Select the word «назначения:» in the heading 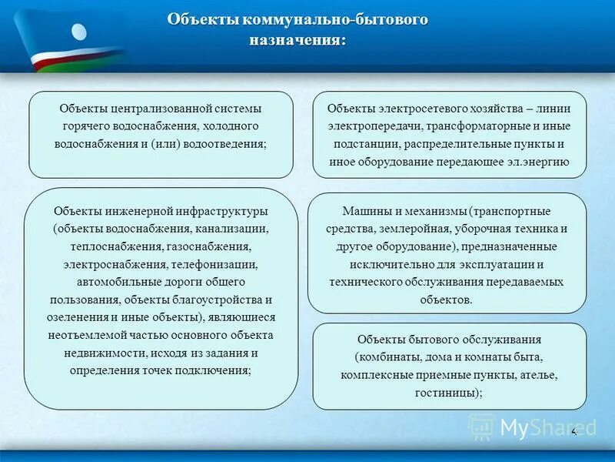click(297, 39)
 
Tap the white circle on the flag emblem click(80, 32)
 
